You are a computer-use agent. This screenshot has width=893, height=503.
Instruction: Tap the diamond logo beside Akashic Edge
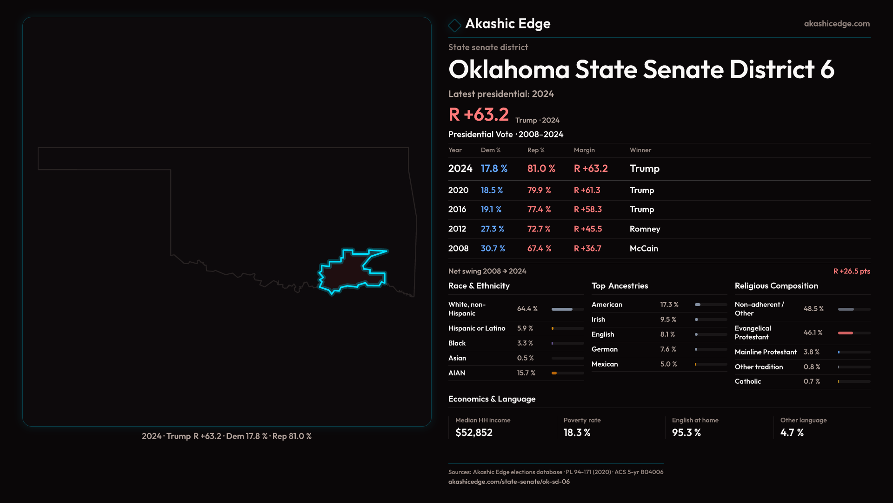coord(454,25)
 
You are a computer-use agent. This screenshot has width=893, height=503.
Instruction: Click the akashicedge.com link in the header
coord(837,24)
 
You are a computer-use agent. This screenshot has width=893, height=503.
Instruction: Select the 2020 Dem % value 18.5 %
coord(492,190)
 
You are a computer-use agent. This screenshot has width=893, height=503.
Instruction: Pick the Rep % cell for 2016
coord(539,210)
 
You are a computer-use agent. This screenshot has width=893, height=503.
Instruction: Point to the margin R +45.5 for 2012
coord(587,229)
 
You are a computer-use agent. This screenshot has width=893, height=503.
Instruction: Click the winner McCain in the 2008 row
coord(644,249)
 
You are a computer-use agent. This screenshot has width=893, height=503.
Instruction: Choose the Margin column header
coord(584,150)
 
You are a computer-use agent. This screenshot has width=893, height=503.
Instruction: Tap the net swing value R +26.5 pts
coord(851,271)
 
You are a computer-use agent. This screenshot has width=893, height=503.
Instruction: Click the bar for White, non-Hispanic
coord(567,309)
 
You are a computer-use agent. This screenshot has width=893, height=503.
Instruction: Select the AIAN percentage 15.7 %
coord(526,373)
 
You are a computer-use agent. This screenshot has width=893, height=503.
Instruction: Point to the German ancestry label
coord(605,349)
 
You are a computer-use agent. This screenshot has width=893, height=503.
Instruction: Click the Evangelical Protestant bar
coord(854,333)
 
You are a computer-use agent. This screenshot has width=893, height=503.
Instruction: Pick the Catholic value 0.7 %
coord(812,381)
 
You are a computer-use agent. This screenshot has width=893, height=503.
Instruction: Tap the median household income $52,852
coord(473,433)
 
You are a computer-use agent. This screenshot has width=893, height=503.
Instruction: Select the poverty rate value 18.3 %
coord(577,433)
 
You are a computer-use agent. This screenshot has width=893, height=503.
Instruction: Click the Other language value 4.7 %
coord(792,433)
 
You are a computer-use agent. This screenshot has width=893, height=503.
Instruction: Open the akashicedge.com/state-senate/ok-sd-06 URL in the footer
coord(509,482)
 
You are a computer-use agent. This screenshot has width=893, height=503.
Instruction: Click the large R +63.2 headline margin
coord(479,115)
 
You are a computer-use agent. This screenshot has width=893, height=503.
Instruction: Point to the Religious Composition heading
coord(776,286)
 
